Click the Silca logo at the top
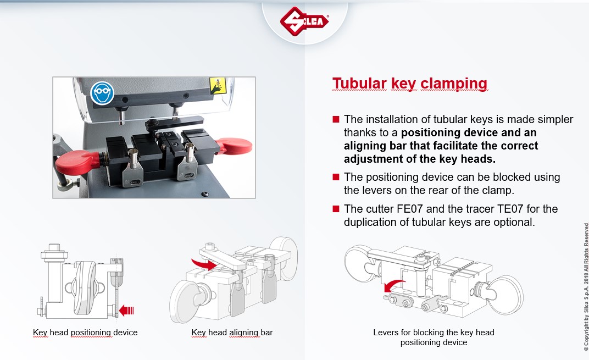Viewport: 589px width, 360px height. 304,21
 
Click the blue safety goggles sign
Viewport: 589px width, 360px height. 102,93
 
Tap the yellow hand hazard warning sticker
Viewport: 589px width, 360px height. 218,86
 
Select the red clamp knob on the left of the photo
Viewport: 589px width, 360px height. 77,162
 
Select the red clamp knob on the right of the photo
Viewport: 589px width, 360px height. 235,146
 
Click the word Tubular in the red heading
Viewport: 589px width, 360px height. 359,84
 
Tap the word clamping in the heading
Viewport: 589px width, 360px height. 454,84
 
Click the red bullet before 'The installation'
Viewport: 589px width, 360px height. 336,119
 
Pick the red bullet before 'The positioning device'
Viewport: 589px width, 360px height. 336,177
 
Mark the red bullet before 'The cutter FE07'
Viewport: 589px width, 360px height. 336,209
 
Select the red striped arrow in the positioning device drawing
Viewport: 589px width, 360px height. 126,311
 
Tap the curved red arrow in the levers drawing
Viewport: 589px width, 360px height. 393,286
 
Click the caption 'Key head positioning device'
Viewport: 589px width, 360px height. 85,333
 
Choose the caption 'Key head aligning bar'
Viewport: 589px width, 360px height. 232,333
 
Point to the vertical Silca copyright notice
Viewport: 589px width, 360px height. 586,287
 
